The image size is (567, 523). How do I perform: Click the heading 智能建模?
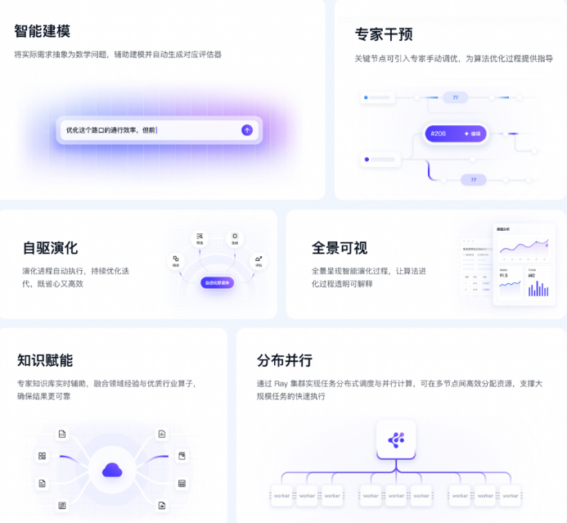point(42,31)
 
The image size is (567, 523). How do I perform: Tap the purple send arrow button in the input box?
point(247,129)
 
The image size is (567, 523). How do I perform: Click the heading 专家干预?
point(383,34)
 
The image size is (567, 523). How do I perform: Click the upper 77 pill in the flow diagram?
point(455,97)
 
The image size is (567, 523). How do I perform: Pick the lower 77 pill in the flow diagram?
point(473,180)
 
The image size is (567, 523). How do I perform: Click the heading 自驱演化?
point(50,248)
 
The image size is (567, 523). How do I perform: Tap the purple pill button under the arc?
point(216,282)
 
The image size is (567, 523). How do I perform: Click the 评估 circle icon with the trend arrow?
point(259,260)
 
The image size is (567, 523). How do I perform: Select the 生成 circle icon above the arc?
point(234,238)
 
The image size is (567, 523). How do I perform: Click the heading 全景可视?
point(340,248)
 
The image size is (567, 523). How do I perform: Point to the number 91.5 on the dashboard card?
point(505,276)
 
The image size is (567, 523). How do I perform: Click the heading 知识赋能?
point(45,360)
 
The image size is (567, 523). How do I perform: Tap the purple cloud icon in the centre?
point(112,470)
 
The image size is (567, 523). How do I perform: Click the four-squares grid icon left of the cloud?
point(42,456)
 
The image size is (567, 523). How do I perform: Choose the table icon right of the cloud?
point(182,484)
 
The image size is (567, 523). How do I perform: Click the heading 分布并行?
point(285,360)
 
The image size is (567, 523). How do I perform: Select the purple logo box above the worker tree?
point(396,440)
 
